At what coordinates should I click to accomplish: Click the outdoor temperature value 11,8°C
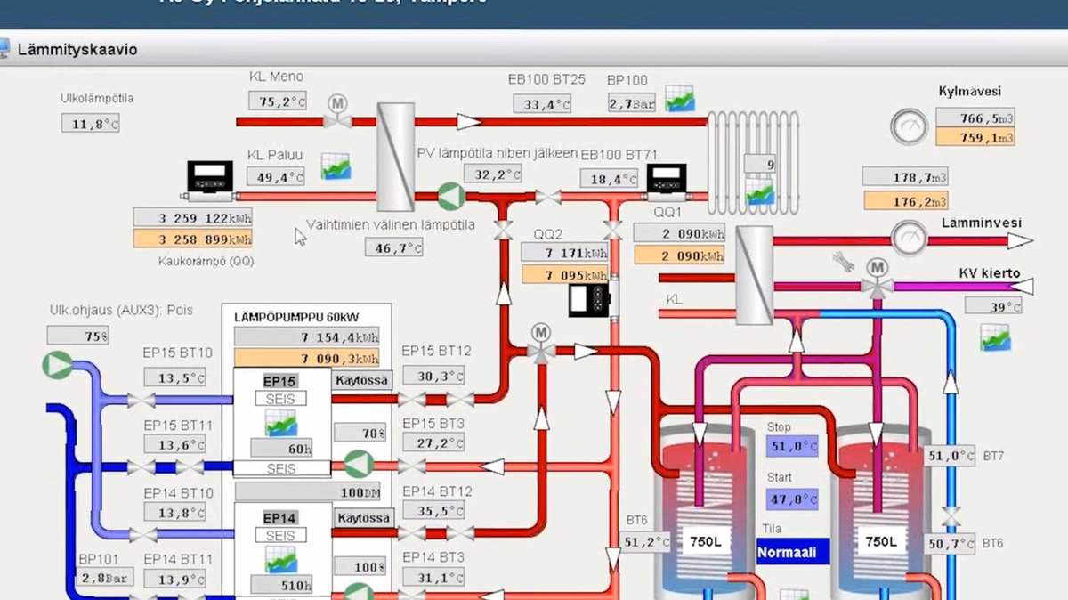pyautogui.click(x=91, y=124)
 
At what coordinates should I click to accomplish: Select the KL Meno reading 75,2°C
pyautogui.click(x=277, y=101)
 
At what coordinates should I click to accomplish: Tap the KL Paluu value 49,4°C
pyautogui.click(x=275, y=176)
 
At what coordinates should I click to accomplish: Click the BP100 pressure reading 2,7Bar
pyautogui.click(x=633, y=103)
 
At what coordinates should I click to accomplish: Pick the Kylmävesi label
pyautogui.click(x=970, y=91)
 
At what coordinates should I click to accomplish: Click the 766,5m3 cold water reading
pyautogui.click(x=975, y=118)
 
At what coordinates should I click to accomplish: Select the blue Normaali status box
pyautogui.click(x=787, y=552)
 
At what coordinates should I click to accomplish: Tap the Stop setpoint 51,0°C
pyautogui.click(x=792, y=446)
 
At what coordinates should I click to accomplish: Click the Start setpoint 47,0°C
pyautogui.click(x=792, y=499)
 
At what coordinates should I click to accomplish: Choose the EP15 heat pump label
pyautogui.click(x=280, y=381)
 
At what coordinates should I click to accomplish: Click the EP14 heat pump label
pyautogui.click(x=280, y=518)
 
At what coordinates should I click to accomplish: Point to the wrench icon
pyautogui.click(x=843, y=262)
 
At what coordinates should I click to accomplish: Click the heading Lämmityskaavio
pyautogui.click(x=77, y=50)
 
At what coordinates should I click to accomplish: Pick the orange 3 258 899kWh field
pyautogui.click(x=193, y=239)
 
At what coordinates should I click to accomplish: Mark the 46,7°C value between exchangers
pyautogui.click(x=393, y=247)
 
